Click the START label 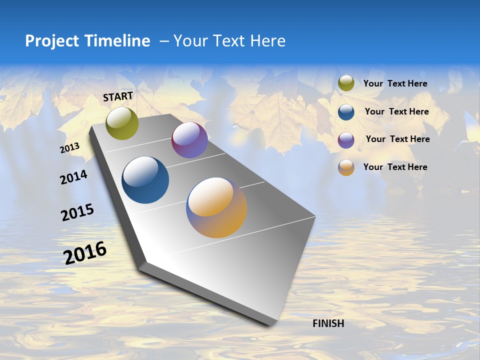[118, 96]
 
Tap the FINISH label [328, 323]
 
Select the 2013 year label [69, 148]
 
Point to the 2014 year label [73, 177]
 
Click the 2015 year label [77, 212]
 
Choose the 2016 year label [85, 253]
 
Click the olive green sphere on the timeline [122, 123]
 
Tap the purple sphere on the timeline [189, 140]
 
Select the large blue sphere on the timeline [145, 180]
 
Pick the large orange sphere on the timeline [216, 207]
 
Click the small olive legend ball [346, 83]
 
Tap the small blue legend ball [346, 112]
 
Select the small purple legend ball [346, 140]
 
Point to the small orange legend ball [346, 167]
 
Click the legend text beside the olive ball [395, 83]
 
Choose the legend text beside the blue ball [396, 111]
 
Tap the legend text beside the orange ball [395, 167]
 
